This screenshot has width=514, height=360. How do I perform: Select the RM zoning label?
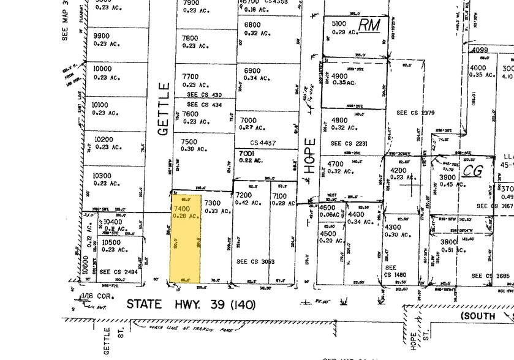click(369, 25)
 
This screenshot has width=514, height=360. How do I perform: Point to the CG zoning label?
click(472, 171)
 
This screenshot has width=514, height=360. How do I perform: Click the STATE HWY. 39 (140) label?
click(191, 304)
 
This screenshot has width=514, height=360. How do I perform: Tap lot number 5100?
click(339, 24)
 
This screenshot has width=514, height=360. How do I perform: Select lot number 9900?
click(102, 36)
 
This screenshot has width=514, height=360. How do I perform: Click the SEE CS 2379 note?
click(415, 113)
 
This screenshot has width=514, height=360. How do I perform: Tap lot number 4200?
click(399, 170)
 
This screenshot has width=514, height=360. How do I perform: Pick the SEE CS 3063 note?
click(255, 261)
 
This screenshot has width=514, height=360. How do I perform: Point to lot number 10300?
click(102, 176)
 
